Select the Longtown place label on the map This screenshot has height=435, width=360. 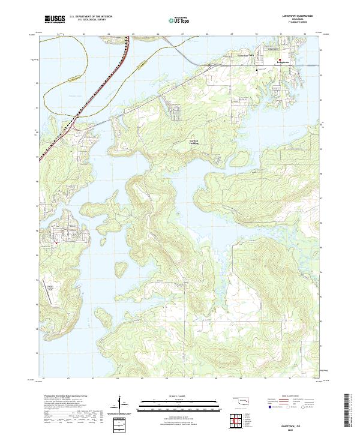click(284, 62)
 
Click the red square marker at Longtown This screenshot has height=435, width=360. click(280, 59)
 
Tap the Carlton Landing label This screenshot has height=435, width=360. click(194, 142)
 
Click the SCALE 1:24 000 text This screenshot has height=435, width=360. click(179, 395)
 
